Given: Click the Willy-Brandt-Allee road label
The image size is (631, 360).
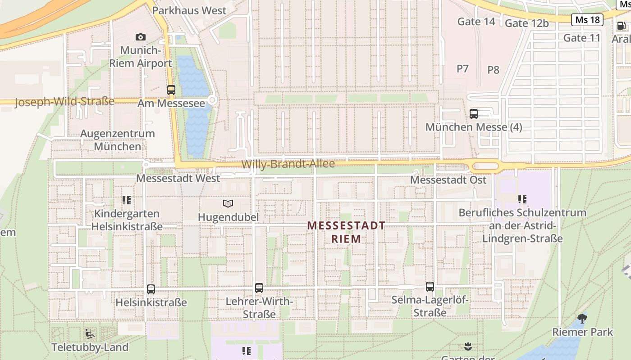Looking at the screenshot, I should click(288, 164).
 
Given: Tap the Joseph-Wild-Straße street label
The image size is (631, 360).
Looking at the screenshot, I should click(64, 102).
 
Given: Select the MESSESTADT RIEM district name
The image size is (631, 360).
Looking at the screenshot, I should click(346, 232).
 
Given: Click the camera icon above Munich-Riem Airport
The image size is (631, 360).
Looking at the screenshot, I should click(141, 37).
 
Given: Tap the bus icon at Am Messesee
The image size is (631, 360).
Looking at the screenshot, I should click(171, 90).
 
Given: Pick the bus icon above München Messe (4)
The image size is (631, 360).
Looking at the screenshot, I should click(474, 113).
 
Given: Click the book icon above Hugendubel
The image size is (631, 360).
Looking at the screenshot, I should click(229, 204).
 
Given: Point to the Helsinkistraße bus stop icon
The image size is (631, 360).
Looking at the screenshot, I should click(151, 289).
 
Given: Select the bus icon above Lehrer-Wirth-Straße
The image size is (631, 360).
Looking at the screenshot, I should click(259, 288).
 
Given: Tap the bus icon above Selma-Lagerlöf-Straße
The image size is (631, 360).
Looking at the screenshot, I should click(430, 286).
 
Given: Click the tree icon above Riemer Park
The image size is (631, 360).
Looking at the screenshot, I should click(582, 319).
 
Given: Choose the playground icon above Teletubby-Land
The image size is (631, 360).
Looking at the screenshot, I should click(90, 334).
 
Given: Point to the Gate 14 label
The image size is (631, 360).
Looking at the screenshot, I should click(476, 21).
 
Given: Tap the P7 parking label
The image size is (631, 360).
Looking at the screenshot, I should click(462, 68).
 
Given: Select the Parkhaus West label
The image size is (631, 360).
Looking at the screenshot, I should click(189, 10).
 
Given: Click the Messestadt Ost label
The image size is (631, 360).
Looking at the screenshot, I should click(448, 180).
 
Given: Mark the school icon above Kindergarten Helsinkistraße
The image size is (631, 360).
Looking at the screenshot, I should click(127, 200).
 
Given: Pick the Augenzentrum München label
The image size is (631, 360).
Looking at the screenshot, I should click(117, 140).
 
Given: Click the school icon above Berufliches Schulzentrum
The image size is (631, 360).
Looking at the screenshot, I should click(522, 199).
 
